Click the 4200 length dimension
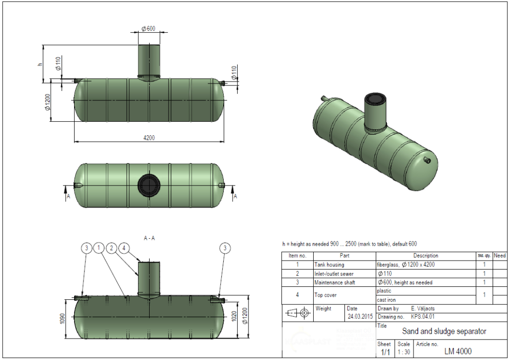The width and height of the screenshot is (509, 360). click(149, 138)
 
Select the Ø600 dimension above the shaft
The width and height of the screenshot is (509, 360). click(148, 28)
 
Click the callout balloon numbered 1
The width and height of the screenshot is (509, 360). click(99, 248)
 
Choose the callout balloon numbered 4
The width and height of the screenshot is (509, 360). click(125, 248)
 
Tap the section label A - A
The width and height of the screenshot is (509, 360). click(149, 238)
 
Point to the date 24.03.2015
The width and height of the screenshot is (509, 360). click(359, 316)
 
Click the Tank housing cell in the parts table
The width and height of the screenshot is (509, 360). click(329, 265)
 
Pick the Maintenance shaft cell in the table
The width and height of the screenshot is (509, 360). click(335, 282)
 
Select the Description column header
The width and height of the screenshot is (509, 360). click(425, 256)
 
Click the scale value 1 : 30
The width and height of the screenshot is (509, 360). click(404, 352)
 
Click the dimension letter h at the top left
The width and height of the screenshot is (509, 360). click(39, 64)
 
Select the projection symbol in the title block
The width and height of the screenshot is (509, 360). click(298, 313)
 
